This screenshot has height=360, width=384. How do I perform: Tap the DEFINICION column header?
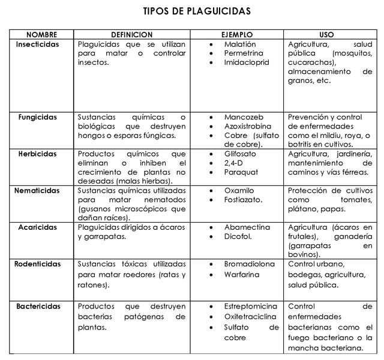click(132, 35)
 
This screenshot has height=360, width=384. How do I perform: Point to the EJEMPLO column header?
click(239, 35)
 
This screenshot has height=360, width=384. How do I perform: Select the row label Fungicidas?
click(38, 117)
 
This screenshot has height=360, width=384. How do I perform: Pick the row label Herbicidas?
click(38, 154)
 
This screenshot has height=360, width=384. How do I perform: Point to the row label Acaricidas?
click(38, 227)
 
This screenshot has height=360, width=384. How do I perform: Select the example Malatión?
click(240, 44)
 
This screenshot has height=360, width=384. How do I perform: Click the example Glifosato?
click(240, 154)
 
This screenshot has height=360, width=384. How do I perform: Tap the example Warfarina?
click(242, 275)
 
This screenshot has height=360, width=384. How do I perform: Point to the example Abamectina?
click(247, 227)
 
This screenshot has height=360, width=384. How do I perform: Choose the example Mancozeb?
click(244, 117)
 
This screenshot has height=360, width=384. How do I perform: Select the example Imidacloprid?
click(247, 62)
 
